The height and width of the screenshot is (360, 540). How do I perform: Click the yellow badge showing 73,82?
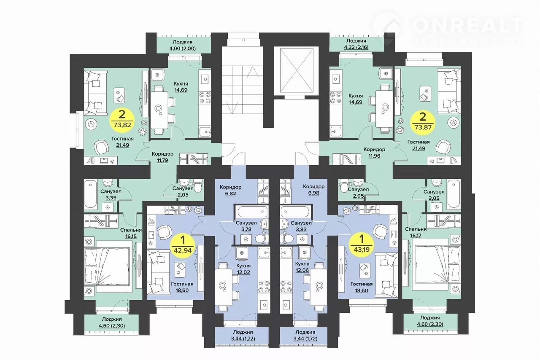122,121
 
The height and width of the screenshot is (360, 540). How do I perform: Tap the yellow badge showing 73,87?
423,122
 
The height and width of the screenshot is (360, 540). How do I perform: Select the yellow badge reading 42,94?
183,245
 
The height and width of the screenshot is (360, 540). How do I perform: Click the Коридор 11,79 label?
162,157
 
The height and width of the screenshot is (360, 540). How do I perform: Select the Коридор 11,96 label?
374,153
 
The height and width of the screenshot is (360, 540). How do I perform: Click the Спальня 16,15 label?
131,233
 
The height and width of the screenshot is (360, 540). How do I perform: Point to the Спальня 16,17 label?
416,232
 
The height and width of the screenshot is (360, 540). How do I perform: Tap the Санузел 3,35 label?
111,194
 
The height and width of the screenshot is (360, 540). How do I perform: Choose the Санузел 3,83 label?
301,226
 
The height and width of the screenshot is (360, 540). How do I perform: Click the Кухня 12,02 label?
243,269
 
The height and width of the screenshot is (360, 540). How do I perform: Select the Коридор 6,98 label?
313,189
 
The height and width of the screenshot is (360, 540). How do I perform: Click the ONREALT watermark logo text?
467,25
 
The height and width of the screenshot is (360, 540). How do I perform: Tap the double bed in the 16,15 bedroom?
108,266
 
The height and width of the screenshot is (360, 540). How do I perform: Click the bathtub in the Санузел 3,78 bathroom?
253,212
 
